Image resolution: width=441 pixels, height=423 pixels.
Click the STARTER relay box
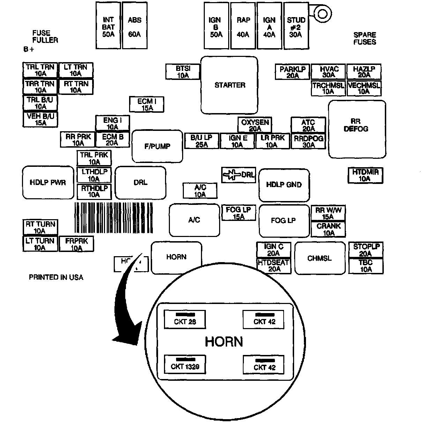(x=229, y=85)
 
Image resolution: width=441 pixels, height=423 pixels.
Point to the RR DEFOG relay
(x=357, y=129)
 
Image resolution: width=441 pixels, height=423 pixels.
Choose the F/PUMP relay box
(x=157, y=146)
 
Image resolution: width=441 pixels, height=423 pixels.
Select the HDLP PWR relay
(x=48, y=183)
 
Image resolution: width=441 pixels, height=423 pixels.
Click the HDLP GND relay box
(x=284, y=185)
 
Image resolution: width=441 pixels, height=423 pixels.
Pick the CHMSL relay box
(x=320, y=259)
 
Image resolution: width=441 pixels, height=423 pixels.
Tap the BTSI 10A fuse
(x=183, y=72)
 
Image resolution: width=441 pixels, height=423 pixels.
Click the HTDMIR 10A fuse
(x=365, y=175)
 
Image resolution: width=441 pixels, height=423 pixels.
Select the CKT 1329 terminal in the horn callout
(x=185, y=364)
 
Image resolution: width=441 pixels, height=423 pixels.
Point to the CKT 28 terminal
(x=185, y=319)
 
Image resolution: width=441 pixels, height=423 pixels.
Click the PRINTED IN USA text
(x=56, y=277)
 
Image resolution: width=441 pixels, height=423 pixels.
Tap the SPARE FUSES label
(x=365, y=38)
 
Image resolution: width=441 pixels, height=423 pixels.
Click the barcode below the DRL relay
(x=114, y=218)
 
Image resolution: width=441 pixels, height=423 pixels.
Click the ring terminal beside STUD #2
(x=321, y=14)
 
